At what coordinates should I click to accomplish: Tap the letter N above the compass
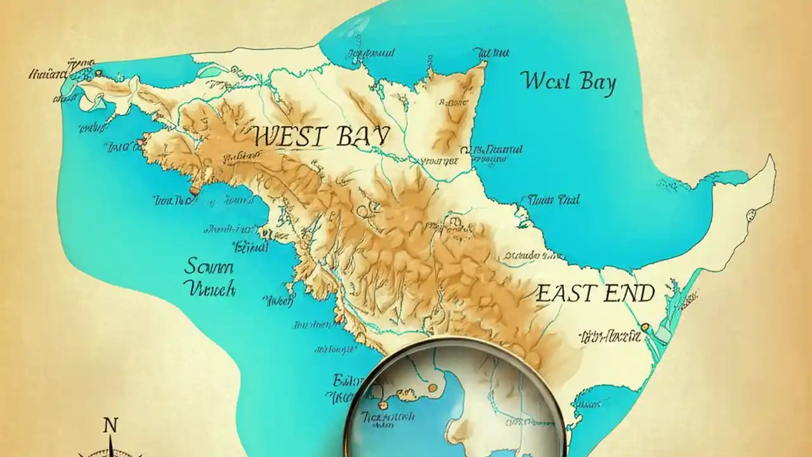110,425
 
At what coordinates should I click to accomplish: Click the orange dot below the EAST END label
645,327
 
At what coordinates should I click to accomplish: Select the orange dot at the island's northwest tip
98,72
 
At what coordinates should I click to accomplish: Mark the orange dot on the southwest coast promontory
193,189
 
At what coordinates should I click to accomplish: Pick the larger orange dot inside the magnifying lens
432,387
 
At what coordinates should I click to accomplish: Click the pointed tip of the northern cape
485,63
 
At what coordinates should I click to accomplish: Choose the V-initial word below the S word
209,289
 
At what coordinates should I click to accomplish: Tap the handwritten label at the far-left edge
48,74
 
